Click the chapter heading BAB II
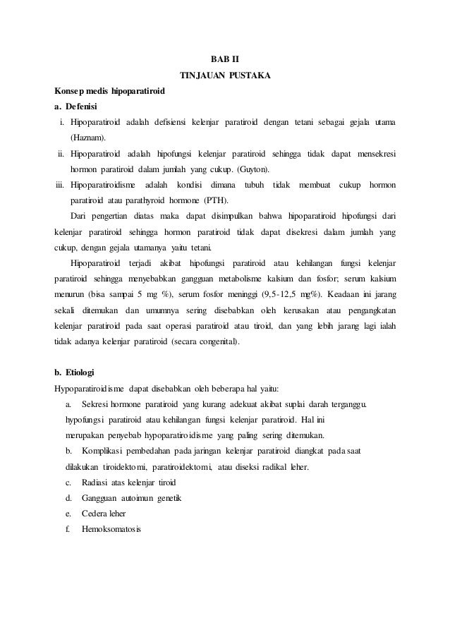click(225, 58)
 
